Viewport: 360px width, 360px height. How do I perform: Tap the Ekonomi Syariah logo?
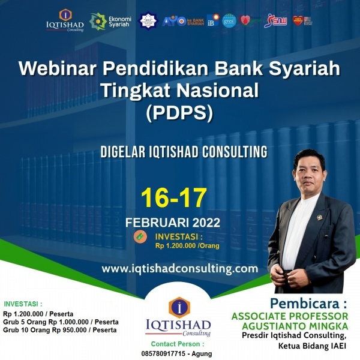[x=111, y=21]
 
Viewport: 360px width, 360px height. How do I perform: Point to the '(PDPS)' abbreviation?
[x=179, y=113]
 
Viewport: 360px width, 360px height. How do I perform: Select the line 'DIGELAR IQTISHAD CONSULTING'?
[x=179, y=150]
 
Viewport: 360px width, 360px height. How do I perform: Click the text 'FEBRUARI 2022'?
[x=173, y=223]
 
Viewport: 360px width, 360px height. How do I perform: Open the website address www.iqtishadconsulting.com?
[x=180, y=268]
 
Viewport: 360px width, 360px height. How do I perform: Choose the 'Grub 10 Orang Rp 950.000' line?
[x=61, y=330]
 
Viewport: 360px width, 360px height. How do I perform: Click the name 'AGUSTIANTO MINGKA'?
[x=306, y=325]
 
